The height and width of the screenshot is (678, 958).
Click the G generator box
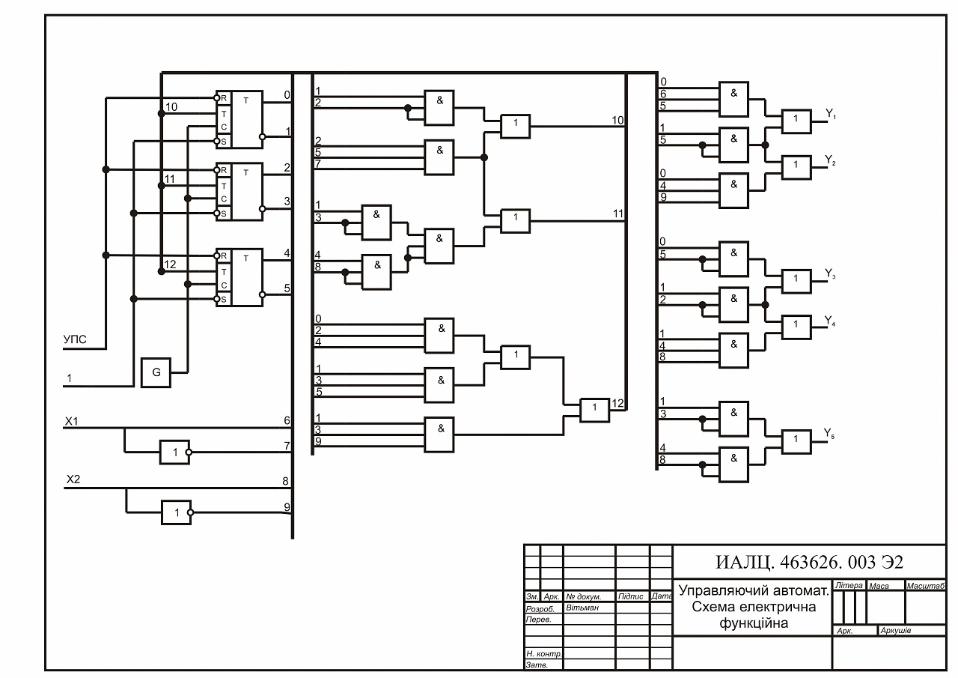pyautogui.click(x=156, y=373)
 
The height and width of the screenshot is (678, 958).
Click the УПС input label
pyautogui.click(x=75, y=339)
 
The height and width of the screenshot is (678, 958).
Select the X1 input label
pyautogui.click(x=71, y=421)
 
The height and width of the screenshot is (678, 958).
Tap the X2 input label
pyautogui.click(x=73, y=479)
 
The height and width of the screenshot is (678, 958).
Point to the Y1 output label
pyautogui.click(x=831, y=114)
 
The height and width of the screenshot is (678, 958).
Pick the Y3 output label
pyautogui.click(x=830, y=274)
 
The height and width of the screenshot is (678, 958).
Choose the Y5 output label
pyautogui.click(x=829, y=434)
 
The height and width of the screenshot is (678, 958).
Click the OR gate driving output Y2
pyautogui.click(x=796, y=167)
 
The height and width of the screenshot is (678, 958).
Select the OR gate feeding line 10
pyautogui.click(x=516, y=127)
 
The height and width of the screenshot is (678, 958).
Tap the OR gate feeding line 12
pyautogui.click(x=594, y=411)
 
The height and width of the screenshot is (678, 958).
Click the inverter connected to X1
pyautogui.click(x=175, y=452)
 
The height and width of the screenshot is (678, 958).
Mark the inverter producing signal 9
pyautogui.click(x=177, y=512)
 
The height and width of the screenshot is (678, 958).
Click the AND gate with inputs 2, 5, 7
pyautogui.click(x=439, y=157)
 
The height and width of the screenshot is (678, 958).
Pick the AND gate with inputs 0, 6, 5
pyautogui.click(x=734, y=100)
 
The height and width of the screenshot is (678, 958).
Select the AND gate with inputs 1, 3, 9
pyautogui.click(x=439, y=435)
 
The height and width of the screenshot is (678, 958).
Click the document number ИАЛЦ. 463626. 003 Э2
pyautogui.click(x=810, y=562)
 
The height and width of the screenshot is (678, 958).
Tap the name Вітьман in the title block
pyautogui.click(x=582, y=608)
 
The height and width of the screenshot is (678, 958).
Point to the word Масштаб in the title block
pyautogui.click(x=926, y=586)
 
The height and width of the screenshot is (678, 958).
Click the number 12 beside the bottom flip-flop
pyautogui.click(x=170, y=264)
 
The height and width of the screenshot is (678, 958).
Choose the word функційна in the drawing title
pyautogui.click(x=754, y=623)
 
